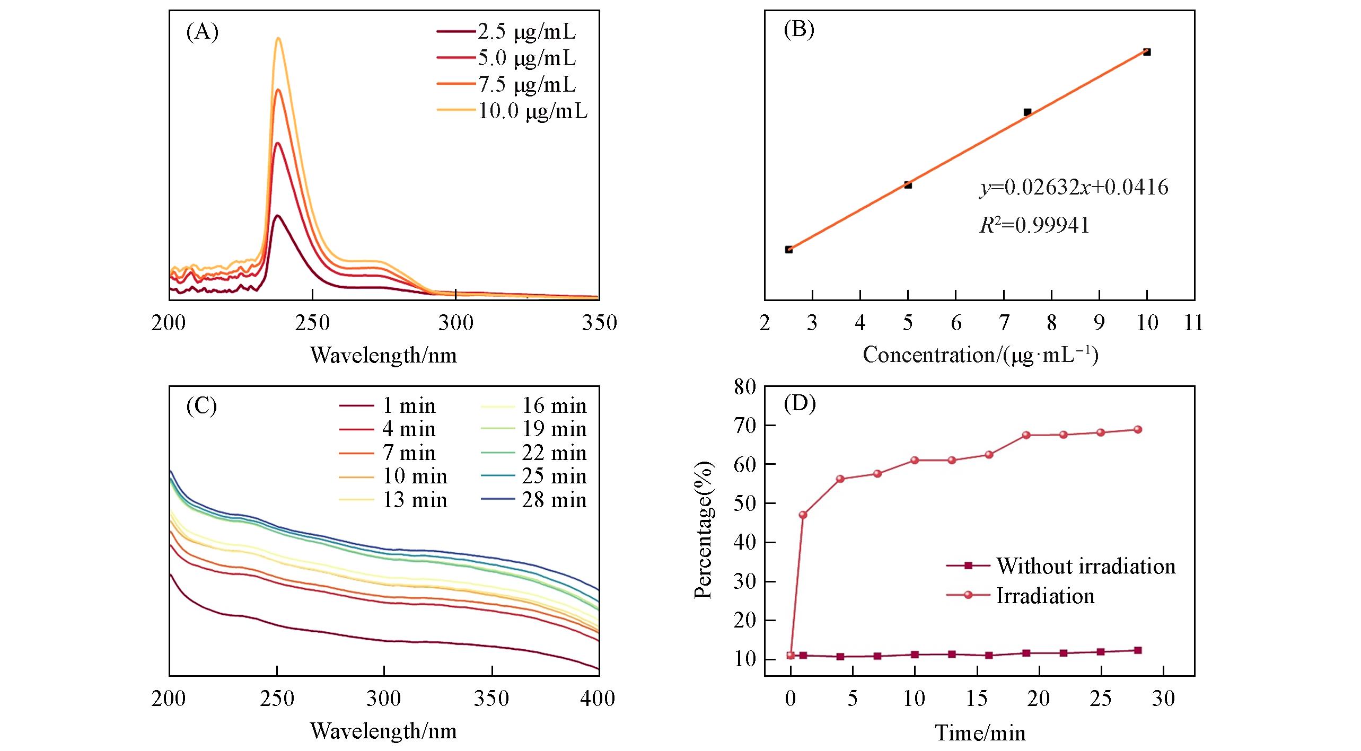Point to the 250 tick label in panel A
tap(312, 323)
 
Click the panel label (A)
tap(202, 32)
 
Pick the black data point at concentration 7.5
tap(1027, 112)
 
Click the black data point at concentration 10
tap(1147, 52)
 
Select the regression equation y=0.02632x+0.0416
tap(1074, 187)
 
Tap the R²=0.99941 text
tap(1034, 225)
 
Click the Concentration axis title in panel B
tap(980, 355)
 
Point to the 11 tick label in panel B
tap(1193, 323)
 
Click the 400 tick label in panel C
tap(598, 699)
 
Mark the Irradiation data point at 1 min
tap(803, 515)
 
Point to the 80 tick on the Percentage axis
tap(745, 387)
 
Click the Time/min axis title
tap(980, 733)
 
